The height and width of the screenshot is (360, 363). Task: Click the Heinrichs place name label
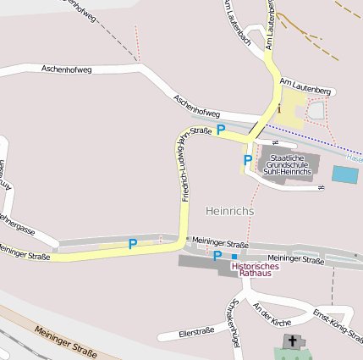(x=229, y=210)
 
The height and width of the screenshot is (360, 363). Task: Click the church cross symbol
(x=293, y=342)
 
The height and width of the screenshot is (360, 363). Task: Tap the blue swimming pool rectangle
(x=344, y=175)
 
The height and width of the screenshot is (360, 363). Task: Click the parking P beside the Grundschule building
(x=248, y=160)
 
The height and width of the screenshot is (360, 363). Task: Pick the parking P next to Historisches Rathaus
(x=217, y=256)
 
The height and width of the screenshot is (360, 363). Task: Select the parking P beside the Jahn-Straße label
(x=221, y=130)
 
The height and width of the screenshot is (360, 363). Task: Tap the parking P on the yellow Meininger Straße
(x=132, y=244)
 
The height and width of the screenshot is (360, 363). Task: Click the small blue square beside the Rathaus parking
(x=234, y=256)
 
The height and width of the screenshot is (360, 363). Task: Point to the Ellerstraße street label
(x=196, y=331)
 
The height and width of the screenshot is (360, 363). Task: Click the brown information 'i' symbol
(x=278, y=108)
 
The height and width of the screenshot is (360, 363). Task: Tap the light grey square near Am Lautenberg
(x=316, y=110)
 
